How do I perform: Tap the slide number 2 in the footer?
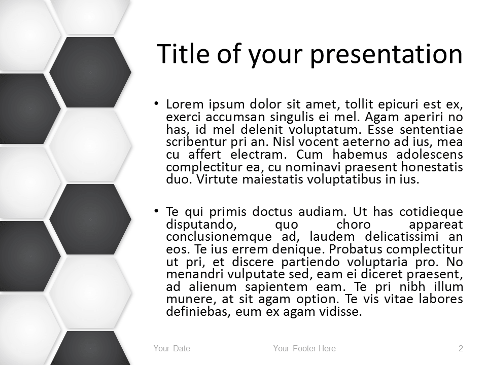tap(461, 348)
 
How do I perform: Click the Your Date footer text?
tap(172, 348)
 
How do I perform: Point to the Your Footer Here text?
tap(304, 348)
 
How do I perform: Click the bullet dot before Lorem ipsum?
tap(157, 103)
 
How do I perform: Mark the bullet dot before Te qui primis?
tap(157, 211)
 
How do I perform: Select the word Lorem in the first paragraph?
tap(185, 104)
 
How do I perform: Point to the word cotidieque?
tap(431, 212)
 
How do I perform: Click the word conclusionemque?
tap(219, 237)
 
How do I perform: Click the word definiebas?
tap(198, 312)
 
